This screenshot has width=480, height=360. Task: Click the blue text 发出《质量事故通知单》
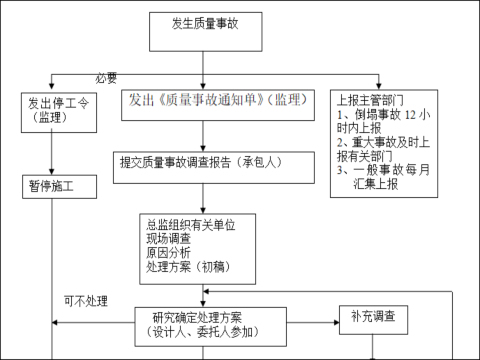pos(196,101)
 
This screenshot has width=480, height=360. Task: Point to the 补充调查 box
pos(372,317)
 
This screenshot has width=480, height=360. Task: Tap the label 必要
pos(107,78)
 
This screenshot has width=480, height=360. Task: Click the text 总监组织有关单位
pos(190,225)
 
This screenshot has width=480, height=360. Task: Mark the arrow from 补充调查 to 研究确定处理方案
pos(309,319)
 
